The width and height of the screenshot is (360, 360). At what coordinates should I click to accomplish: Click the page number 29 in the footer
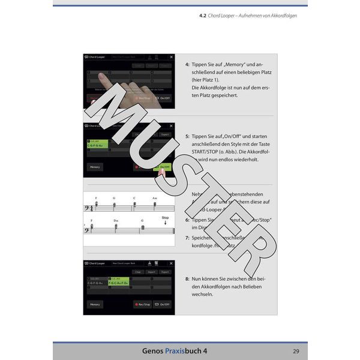click(296, 351)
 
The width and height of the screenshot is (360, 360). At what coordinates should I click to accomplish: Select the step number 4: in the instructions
click(187, 64)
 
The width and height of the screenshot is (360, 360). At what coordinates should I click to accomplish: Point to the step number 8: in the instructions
click(187, 279)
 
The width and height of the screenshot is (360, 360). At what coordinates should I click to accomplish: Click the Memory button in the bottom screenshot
click(95, 304)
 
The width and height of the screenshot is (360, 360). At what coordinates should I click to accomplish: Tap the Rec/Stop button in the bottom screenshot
click(142, 304)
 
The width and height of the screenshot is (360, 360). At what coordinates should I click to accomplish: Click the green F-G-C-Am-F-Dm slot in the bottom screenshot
click(118, 281)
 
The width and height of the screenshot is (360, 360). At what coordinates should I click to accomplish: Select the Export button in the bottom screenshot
click(165, 272)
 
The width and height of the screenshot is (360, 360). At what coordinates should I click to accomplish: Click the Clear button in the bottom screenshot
click(137, 272)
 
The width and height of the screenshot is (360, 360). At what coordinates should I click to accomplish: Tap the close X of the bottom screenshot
click(171, 263)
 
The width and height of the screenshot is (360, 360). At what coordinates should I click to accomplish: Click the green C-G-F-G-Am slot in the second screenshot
click(96, 144)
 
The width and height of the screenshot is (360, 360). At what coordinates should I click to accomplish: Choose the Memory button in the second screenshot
click(95, 167)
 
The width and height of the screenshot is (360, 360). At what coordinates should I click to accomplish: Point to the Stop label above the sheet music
click(165, 218)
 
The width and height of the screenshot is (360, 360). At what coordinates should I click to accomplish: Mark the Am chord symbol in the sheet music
click(154, 198)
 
